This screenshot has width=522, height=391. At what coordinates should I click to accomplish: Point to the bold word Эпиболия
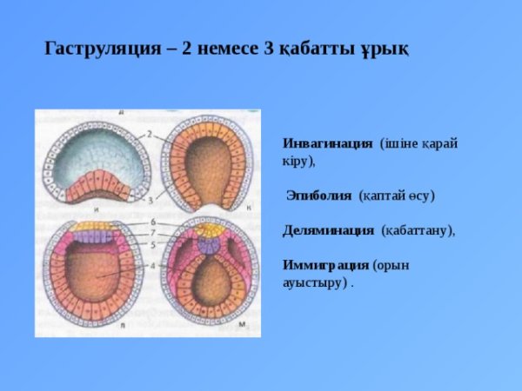click(319, 196)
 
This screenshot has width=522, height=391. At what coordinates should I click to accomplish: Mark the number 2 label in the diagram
click(150, 134)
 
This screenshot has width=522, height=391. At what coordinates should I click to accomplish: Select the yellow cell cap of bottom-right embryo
click(209, 229)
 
